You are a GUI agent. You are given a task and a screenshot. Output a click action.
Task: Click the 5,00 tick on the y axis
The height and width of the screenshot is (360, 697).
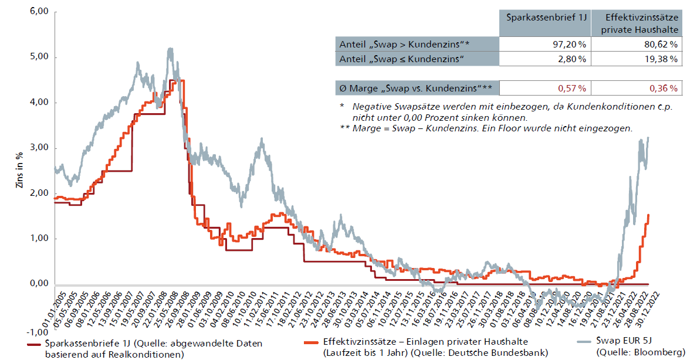pyautogui.click(x=38, y=57)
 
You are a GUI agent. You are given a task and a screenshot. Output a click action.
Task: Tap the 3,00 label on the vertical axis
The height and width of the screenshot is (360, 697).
pyautogui.click(x=38, y=148)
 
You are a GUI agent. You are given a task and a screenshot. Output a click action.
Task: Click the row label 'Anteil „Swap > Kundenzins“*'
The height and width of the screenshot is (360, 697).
pyautogui.click(x=405, y=45)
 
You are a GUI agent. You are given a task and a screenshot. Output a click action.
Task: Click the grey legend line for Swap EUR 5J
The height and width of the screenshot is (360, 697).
pyautogui.click(x=578, y=342)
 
